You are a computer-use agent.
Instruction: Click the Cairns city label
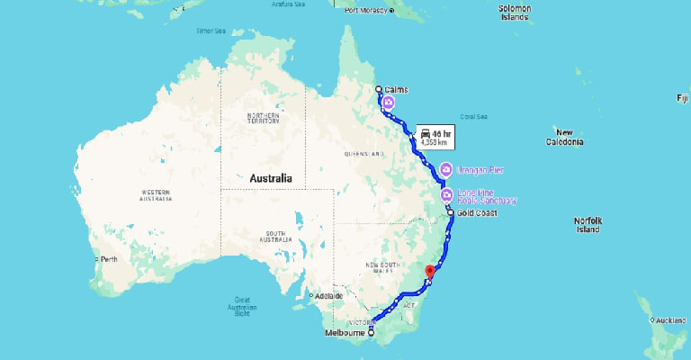point(397,89)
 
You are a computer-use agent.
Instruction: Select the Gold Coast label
point(475,213)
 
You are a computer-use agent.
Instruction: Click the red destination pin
point(429,271)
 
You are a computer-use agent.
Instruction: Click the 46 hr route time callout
point(435,137)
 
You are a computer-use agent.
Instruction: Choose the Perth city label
point(109,260)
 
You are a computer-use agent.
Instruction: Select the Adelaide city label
point(328,296)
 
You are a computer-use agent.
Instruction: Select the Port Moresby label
point(365,10)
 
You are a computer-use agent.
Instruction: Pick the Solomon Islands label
point(514,13)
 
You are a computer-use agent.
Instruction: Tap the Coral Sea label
point(473,116)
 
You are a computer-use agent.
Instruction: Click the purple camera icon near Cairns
point(388,103)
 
